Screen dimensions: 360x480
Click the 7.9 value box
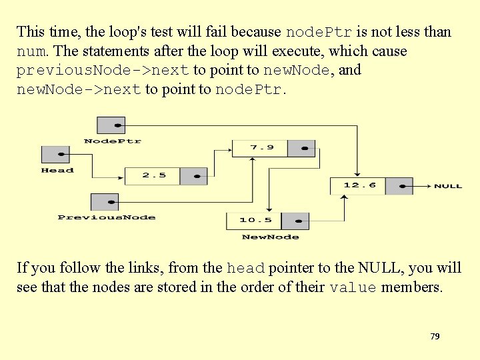[259, 148]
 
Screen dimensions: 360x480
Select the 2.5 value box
[153, 176]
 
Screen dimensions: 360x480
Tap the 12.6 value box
[359, 185]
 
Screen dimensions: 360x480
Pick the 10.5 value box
[255, 221]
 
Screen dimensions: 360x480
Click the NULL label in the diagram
[447, 186]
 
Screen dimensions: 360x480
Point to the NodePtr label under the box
[112, 141]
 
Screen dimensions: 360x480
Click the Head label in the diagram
[57, 171]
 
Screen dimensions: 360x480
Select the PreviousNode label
[107, 217]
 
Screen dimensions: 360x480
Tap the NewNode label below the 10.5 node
[270, 237]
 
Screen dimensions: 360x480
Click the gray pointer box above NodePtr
[111, 125]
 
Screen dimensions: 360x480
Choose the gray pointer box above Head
[56, 155]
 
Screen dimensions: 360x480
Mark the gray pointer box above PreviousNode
[104, 201]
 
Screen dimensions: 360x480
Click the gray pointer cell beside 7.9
[301, 148]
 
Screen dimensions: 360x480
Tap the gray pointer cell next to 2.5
[194, 176]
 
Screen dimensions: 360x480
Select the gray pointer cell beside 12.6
[399, 185]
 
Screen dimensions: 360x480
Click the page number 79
[435, 337]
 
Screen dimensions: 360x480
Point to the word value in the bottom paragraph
[353, 288]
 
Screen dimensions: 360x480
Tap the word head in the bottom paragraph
[246, 269]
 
